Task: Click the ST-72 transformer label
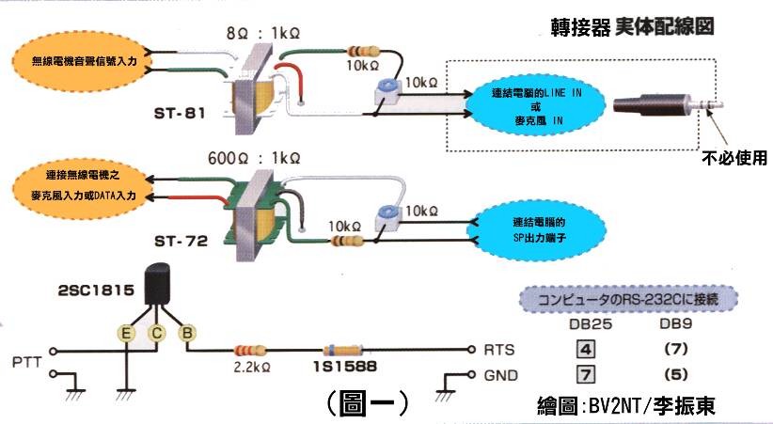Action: pos(181,242)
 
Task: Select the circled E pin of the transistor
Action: pos(124,331)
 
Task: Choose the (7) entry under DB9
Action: pos(676,349)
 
